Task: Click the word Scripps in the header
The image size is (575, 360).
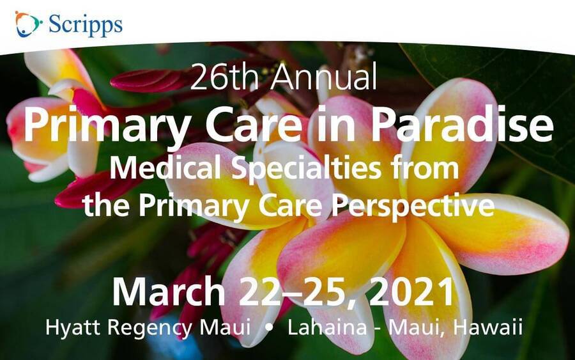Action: coord(86,26)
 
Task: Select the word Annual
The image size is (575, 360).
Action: coord(324,77)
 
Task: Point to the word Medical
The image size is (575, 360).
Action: coord(165,168)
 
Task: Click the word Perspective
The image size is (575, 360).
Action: coord(413,207)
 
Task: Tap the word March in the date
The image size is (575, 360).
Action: coord(168,292)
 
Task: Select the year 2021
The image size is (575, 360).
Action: coord(411,292)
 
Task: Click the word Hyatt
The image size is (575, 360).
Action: coord(73,327)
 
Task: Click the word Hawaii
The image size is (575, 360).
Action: coord(488,327)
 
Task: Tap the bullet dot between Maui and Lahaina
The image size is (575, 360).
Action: coord(269,327)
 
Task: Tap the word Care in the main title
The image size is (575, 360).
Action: coord(252,124)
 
